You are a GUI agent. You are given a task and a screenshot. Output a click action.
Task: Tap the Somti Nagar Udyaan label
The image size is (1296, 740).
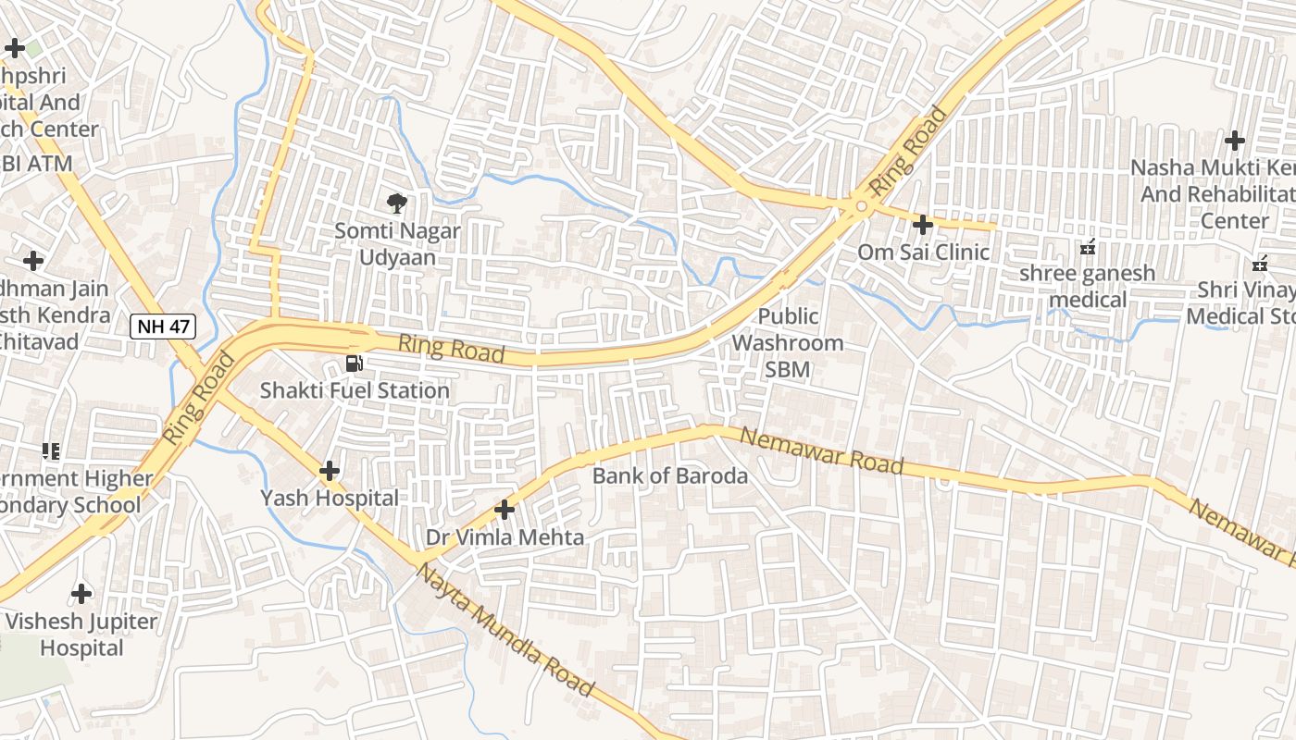397,243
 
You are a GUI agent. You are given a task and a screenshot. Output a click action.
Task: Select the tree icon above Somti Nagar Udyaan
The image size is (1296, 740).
397,203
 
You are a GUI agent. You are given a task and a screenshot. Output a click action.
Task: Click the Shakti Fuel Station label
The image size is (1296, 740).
355,390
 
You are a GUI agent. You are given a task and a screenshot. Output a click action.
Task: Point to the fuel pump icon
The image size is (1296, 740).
354,364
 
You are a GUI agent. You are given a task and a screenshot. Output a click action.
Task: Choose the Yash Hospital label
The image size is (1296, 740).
330,498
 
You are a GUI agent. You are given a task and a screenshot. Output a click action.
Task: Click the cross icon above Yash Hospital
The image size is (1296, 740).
330,471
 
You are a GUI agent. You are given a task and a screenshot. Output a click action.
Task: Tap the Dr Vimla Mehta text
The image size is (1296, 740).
505,536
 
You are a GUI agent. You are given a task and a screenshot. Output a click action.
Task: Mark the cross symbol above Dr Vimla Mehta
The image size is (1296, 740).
505,510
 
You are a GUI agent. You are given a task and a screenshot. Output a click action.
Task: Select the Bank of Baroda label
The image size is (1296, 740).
669,476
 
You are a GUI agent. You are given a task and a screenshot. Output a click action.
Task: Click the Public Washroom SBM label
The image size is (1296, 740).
788,343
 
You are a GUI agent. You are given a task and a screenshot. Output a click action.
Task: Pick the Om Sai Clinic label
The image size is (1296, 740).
923,252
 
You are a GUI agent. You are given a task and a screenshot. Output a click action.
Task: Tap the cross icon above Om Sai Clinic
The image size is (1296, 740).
923,224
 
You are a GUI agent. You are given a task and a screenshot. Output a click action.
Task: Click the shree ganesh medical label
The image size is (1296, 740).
1088,286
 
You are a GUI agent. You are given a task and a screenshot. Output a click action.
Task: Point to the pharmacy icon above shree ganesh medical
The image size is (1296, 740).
1088,247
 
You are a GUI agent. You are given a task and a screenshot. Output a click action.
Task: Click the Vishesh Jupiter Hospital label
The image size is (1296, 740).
81,634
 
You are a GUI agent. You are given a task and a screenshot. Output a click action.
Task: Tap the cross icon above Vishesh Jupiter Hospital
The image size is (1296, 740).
81,593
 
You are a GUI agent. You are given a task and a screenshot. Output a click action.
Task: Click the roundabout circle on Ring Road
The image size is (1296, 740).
861,206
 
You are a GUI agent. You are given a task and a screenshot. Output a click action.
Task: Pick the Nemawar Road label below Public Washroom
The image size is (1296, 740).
822,451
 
